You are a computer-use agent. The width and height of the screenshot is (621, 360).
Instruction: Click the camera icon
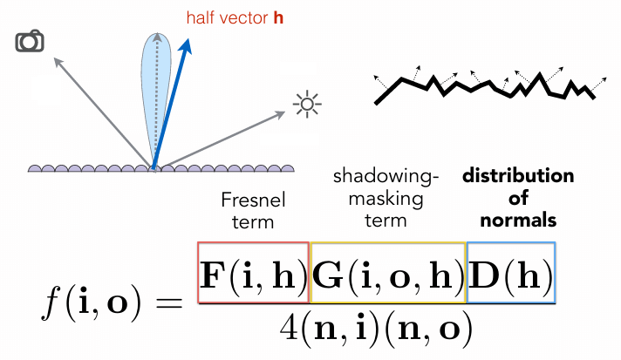tap(30, 41)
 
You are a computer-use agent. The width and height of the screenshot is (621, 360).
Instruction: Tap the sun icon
tap(307, 105)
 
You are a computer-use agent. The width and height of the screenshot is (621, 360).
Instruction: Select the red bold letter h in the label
tap(278, 17)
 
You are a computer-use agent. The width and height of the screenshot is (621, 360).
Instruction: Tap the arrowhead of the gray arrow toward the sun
tap(281, 114)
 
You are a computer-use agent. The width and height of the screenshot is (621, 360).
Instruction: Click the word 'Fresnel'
tap(253, 200)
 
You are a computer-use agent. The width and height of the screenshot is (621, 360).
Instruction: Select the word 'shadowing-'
tap(386, 177)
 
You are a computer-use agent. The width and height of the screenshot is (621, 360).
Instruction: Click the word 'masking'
tap(386, 199)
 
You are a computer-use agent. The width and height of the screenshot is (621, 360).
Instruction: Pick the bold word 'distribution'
tap(518, 176)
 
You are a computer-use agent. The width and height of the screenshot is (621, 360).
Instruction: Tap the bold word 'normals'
tap(518, 220)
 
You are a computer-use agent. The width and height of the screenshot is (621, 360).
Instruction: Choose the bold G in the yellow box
tap(327, 275)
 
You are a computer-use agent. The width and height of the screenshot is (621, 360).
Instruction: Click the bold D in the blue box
tap(483, 275)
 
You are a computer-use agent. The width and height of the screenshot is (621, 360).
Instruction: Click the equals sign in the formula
tap(168, 304)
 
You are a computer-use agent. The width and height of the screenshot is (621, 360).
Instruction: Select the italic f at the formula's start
tap(52, 302)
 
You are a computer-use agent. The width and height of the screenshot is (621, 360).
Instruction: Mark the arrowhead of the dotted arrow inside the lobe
tap(157, 37)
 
